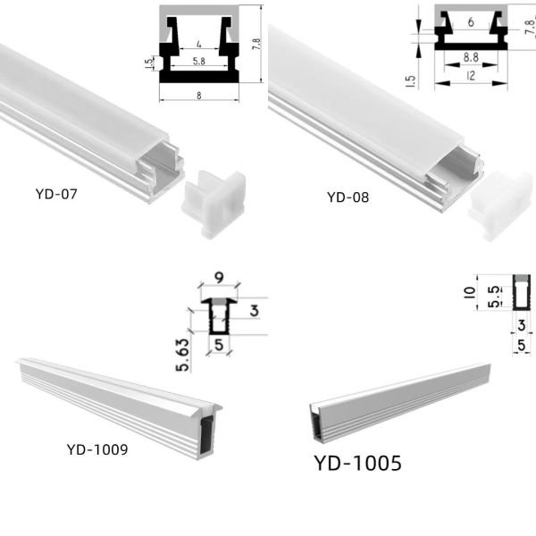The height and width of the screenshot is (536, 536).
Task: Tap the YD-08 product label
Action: [348, 197]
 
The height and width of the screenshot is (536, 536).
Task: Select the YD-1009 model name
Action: [96, 448]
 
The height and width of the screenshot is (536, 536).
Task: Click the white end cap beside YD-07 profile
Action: [214, 205]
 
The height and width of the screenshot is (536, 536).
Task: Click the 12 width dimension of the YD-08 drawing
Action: [470, 77]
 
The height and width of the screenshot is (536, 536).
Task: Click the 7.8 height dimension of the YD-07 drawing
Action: [255, 43]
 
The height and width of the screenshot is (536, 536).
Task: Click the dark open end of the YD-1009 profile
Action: [207, 428]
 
